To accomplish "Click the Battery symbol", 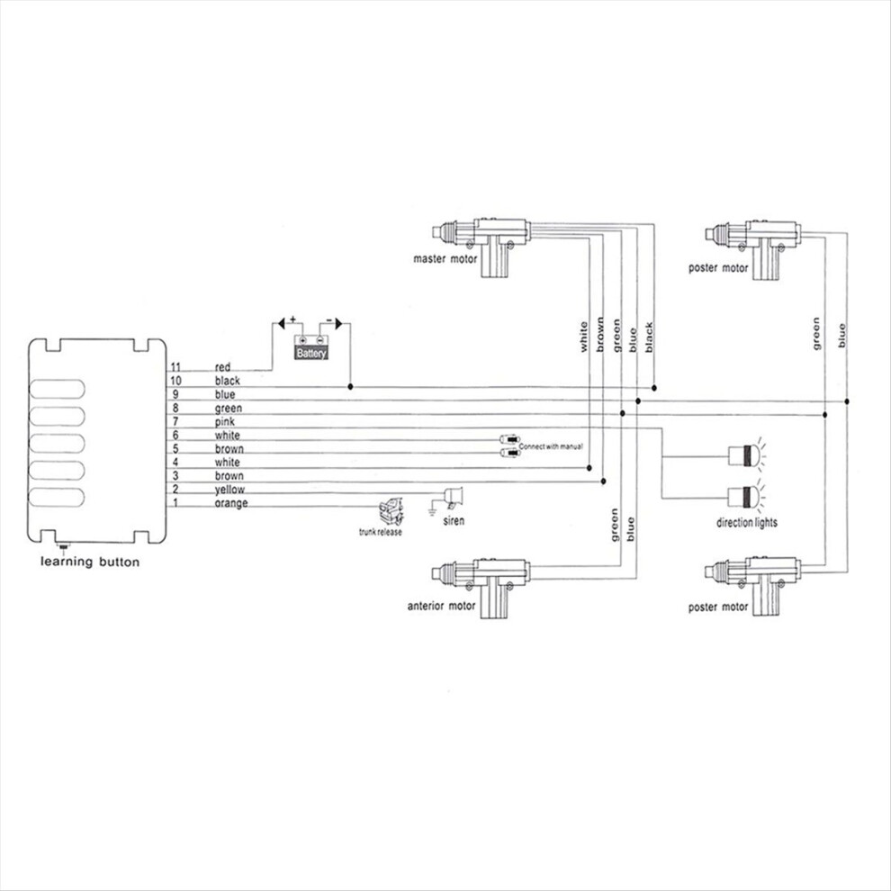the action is pyautogui.click(x=310, y=347).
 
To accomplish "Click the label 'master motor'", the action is pyautogui.click(x=445, y=259).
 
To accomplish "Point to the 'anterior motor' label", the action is pyautogui.click(x=441, y=606).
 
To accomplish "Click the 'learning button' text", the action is pyautogui.click(x=90, y=562).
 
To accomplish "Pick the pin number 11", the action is pyautogui.click(x=175, y=367).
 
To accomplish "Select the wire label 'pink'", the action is pyautogui.click(x=224, y=422).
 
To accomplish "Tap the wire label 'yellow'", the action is pyautogui.click(x=229, y=490).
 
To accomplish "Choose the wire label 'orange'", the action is pyautogui.click(x=231, y=503).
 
